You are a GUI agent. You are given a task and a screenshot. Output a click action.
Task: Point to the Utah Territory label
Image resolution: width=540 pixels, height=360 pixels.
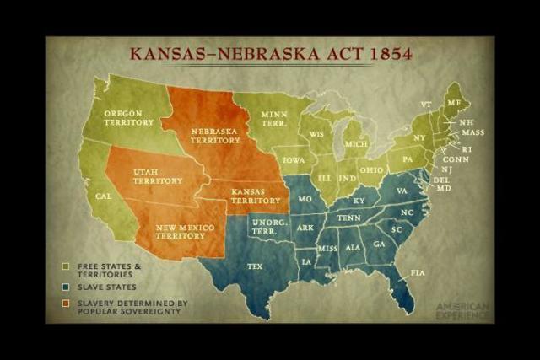click(158, 175)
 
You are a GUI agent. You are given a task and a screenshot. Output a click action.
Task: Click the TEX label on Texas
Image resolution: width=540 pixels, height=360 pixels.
click(254, 266)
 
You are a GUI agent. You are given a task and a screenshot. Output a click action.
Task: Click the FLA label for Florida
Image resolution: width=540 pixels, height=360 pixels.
click(418, 272)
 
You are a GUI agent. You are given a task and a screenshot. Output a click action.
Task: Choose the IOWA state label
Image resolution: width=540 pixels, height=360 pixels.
click(294, 159)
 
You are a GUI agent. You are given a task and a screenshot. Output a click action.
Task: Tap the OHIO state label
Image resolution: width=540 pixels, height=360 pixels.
click(371, 169)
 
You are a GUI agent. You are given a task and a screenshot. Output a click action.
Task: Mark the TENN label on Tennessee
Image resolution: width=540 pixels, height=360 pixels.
click(349, 217)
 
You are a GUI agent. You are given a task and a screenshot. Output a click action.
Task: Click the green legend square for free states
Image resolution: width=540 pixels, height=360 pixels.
click(67, 267)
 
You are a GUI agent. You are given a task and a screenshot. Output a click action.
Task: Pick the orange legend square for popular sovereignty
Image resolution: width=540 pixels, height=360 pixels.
click(67, 303)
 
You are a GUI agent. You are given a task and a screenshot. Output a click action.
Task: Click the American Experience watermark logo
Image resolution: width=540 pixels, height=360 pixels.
click(462, 310)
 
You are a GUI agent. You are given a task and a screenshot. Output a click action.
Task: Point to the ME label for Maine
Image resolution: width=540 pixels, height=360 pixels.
click(454, 103)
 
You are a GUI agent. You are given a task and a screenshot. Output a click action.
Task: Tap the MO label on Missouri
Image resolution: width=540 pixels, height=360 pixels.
click(305, 198)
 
